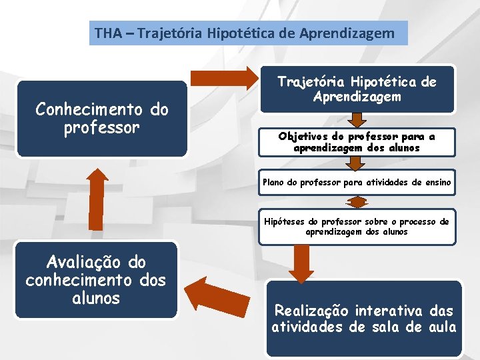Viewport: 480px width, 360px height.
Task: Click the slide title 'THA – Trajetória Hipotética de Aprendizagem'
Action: click(248, 32)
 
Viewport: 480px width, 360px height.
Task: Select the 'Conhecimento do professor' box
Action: click(102, 119)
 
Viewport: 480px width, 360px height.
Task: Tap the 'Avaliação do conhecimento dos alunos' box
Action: click(95, 280)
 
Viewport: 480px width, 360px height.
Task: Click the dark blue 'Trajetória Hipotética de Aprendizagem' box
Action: click(357, 89)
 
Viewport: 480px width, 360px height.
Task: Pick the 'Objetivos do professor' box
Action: click(357, 142)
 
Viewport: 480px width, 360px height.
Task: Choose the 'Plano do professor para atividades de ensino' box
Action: click(357, 182)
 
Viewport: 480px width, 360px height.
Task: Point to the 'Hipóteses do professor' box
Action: click(357, 227)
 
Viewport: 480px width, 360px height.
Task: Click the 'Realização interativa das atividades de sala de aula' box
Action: click(364, 319)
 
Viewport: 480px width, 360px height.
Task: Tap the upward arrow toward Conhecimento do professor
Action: click(97, 199)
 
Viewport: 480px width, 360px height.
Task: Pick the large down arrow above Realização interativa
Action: click(302, 264)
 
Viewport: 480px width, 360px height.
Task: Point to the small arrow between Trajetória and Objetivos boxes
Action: click(357, 120)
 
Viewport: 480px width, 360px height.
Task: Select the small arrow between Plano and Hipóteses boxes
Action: click(357, 202)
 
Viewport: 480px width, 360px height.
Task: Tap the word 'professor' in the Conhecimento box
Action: click(102, 127)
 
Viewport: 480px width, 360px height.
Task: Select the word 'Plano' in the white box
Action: click(273, 182)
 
